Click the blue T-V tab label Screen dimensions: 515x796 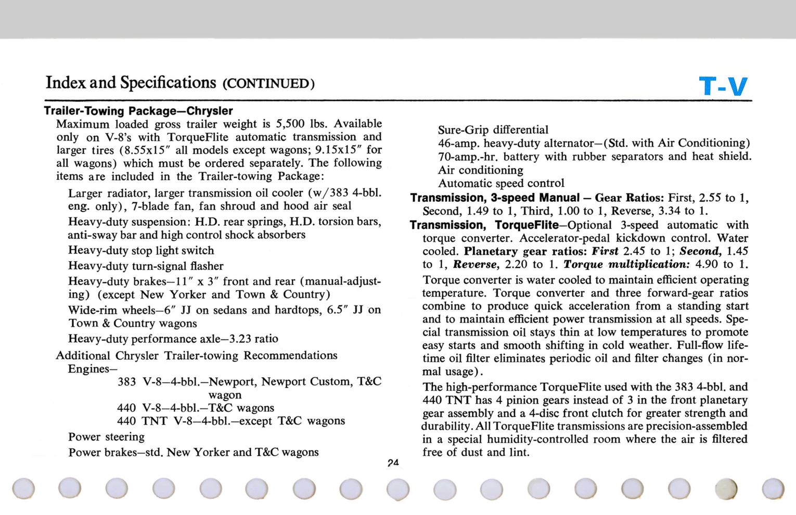point(723,86)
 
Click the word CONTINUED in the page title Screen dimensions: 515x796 point(268,84)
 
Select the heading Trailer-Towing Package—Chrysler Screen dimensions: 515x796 point(138,111)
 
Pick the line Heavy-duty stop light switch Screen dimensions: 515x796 point(141,250)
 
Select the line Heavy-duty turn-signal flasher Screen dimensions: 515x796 point(146,266)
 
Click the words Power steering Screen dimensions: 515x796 point(106,436)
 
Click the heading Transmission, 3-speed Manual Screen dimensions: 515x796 point(494,198)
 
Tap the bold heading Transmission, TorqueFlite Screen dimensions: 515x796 point(484,225)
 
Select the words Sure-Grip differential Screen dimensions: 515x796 point(493,130)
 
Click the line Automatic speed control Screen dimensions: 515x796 point(501,183)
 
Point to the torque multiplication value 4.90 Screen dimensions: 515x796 point(707,264)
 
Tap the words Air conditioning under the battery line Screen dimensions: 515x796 point(481,170)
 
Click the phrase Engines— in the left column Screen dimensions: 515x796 point(89,369)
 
